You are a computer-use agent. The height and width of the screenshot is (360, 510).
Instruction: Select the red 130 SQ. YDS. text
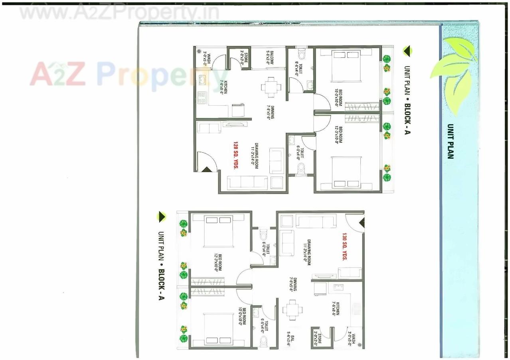(x=344, y=247)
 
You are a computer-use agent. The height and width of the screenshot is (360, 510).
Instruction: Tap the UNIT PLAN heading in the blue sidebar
(x=450, y=141)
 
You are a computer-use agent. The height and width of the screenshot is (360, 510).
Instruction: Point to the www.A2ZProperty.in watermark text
(x=119, y=12)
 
